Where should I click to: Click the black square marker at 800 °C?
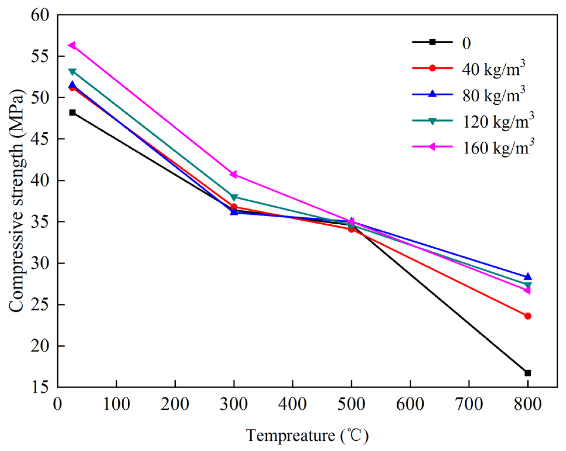[528, 373]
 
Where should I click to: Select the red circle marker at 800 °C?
[528, 316]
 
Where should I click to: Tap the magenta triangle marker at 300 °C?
[233, 174]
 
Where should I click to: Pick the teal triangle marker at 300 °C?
[234, 197]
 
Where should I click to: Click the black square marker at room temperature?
[72, 112]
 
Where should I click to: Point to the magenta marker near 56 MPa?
[72, 45]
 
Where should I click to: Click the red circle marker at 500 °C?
[351, 229]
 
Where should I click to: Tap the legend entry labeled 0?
[466, 43]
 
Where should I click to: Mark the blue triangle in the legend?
[432, 94]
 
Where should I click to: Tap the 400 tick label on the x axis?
[292, 404]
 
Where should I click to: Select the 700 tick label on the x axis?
[469, 404]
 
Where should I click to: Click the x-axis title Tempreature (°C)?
[307, 435]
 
